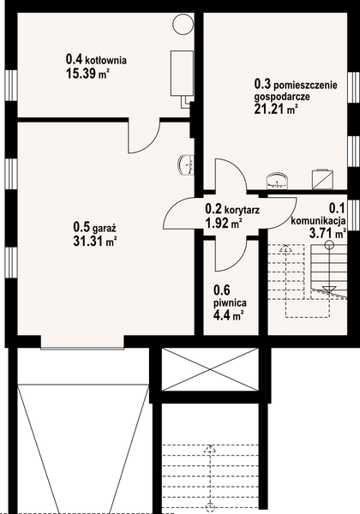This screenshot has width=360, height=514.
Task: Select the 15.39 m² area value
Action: [x=88, y=75]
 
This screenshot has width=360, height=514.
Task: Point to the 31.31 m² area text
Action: [x=94, y=241]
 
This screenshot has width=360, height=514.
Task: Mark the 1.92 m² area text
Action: [x=224, y=223]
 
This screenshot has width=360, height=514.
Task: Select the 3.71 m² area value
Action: [x=328, y=232]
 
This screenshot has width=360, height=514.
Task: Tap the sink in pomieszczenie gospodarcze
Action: [x=277, y=179]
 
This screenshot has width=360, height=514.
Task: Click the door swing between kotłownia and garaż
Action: [x=147, y=137]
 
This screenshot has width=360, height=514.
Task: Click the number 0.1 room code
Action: [x=336, y=206]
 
